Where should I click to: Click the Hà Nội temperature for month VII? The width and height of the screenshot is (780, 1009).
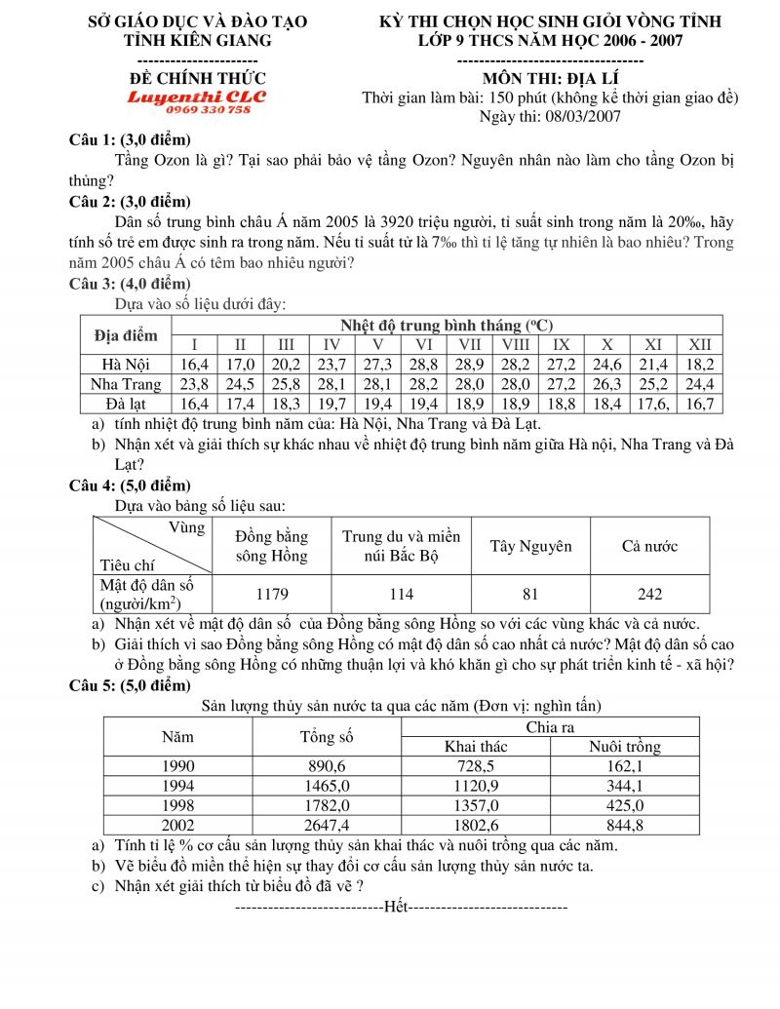pyautogui.click(x=469, y=364)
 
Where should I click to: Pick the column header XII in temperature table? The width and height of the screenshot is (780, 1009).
pyautogui.click(x=699, y=344)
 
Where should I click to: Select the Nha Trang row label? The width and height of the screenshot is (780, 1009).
pyautogui.click(x=126, y=383)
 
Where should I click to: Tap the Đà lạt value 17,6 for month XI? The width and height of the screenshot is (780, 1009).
pyautogui.click(x=653, y=403)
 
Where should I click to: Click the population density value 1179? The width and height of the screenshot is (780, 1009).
pyautogui.click(x=272, y=594)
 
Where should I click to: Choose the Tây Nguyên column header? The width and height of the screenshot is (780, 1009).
pyautogui.click(x=530, y=546)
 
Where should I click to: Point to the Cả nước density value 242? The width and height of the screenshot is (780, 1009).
pyautogui.click(x=649, y=594)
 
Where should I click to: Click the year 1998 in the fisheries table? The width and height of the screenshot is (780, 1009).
pyautogui.click(x=177, y=805)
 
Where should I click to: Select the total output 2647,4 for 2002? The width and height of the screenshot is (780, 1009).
pyautogui.click(x=326, y=825)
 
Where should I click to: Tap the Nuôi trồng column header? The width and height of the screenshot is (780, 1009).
pyautogui.click(x=624, y=747)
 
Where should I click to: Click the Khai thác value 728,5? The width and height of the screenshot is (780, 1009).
pyautogui.click(x=476, y=766)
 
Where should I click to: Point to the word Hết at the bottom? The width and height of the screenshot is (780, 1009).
pyautogui.click(x=396, y=907)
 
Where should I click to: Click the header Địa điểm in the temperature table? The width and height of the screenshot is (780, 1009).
pyautogui.click(x=126, y=334)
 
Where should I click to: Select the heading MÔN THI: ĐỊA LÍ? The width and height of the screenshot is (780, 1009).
pyautogui.click(x=551, y=78)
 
